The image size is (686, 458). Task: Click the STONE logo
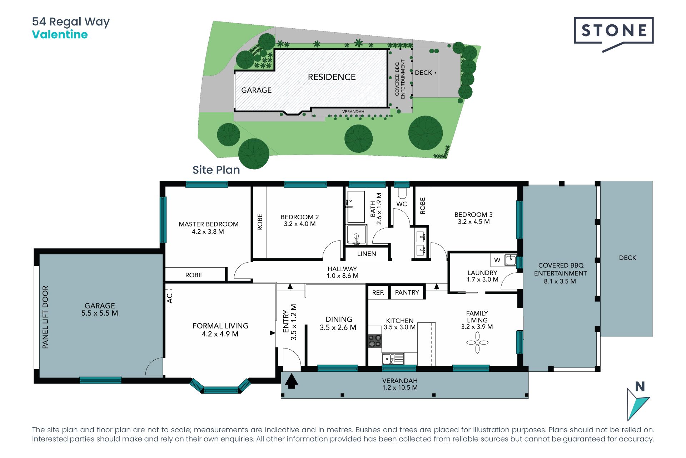[613, 34]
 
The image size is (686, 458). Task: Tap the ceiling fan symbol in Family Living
[477, 343]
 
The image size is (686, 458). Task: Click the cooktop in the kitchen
[375, 341]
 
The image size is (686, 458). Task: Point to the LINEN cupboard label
[367, 254]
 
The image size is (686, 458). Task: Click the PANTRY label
[407, 292]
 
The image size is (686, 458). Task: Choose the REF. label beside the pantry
[378, 293]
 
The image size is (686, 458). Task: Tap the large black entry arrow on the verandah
[292, 381]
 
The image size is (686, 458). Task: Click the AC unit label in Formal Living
[170, 298]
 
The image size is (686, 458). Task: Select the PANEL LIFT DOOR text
[45, 317]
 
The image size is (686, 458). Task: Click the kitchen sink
[393, 359]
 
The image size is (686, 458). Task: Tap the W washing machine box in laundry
[497, 260]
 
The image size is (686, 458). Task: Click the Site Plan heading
[216, 170]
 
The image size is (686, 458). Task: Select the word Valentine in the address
[60, 35]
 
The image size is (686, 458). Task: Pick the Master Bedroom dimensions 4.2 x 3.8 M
[208, 232]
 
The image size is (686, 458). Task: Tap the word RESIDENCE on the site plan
[332, 77]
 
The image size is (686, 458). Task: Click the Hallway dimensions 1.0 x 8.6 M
[343, 276]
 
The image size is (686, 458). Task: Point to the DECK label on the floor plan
[628, 258]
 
